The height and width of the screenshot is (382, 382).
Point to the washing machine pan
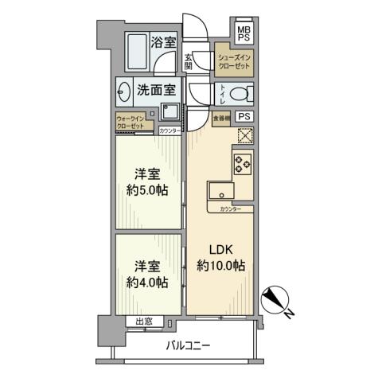[x=169, y=110]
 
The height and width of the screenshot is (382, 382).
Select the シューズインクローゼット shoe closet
[x=235, y=63]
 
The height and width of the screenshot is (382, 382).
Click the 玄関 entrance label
[x=189, y=61]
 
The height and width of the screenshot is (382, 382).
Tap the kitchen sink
[x=220, y=191]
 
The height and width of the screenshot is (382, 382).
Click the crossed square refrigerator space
[x=242, y=137]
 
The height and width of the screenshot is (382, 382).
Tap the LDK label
[x=220, y=250]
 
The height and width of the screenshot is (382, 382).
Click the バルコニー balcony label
[x=189, y=345]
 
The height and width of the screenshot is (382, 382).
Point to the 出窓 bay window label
[x=144, y=322]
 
